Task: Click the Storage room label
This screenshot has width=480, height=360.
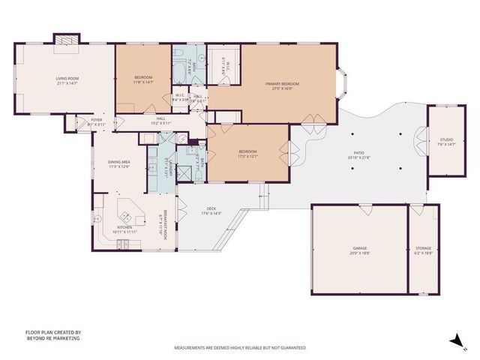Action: pos(423,247)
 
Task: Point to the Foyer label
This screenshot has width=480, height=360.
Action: pos(97,119)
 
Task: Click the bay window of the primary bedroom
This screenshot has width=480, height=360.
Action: pos(342,84)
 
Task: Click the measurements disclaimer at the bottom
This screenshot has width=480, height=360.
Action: pos(240,348)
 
